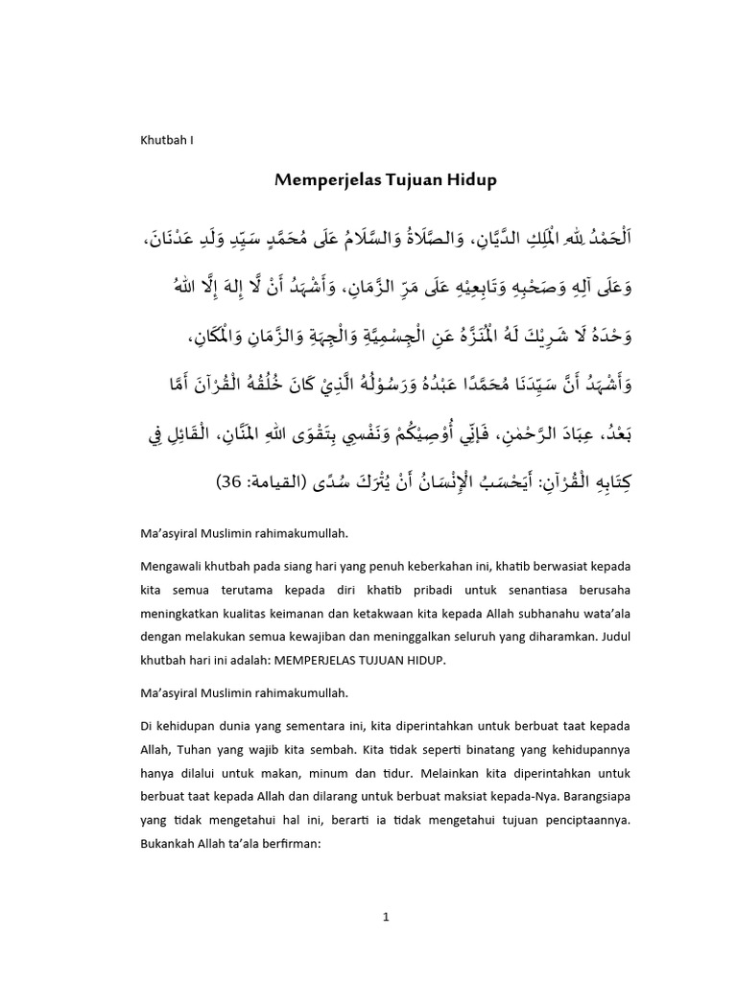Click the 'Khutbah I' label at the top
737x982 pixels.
167,139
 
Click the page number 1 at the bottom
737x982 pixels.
384,916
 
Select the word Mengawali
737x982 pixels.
174,567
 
